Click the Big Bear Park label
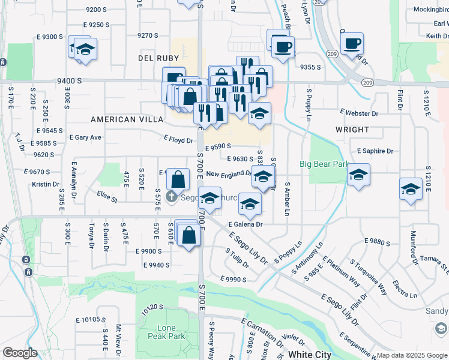325,164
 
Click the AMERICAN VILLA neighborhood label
121,119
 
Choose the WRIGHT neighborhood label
352,130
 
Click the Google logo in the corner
20,353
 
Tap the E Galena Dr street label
246,224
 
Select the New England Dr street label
229,174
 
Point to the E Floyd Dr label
178,140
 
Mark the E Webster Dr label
359,113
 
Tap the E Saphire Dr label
375,151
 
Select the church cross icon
172,196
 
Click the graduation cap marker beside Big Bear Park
358,175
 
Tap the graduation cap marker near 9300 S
85,49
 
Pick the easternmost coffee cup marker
352,43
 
